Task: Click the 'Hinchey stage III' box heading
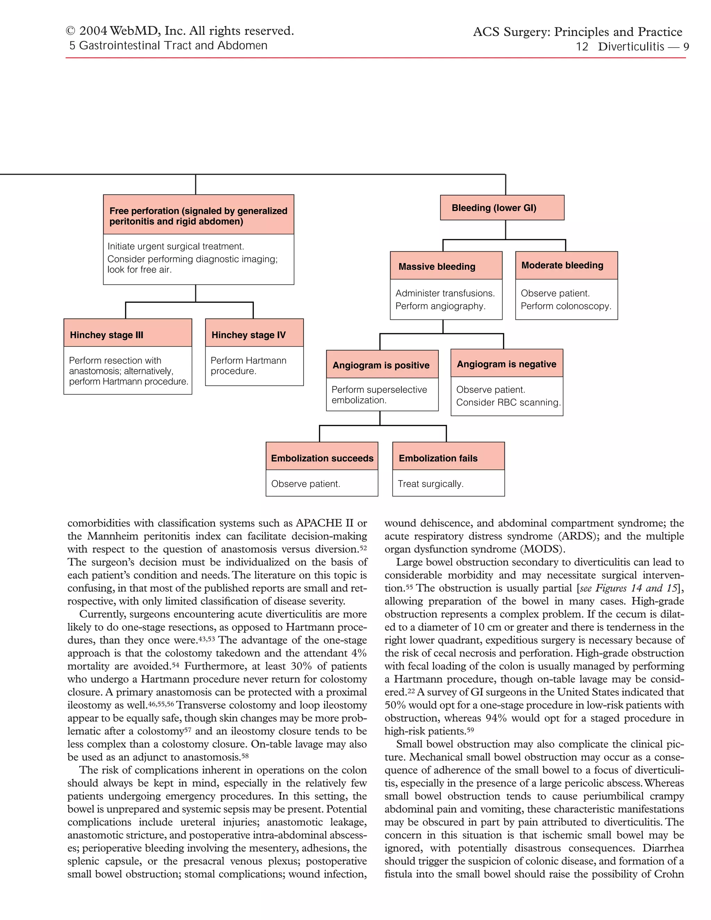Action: [x=107, y=335]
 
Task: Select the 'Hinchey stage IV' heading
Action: [x=249, y=335]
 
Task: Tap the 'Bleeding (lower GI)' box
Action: [x=494, y=208]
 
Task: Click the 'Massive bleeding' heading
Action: [x=437, y=267]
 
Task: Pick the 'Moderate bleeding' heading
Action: [x=562, y=265]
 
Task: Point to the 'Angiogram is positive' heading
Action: [x=381, y=365]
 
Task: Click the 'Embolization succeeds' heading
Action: [x=322, y=458]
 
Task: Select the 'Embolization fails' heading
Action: [x=438, y=458]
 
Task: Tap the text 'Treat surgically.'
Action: [x=430, y=484]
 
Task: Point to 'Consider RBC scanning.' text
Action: [x=508, y=403]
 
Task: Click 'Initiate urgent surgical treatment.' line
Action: [x=176, y=246]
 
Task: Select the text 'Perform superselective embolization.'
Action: [x=379, y=395]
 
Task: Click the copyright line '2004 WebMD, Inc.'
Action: [x=180, y=31]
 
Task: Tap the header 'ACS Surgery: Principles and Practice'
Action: [x=577, y=32]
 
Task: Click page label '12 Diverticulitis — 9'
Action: [x=632, y=47]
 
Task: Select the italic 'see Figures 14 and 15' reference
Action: [x=628, y=588]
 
